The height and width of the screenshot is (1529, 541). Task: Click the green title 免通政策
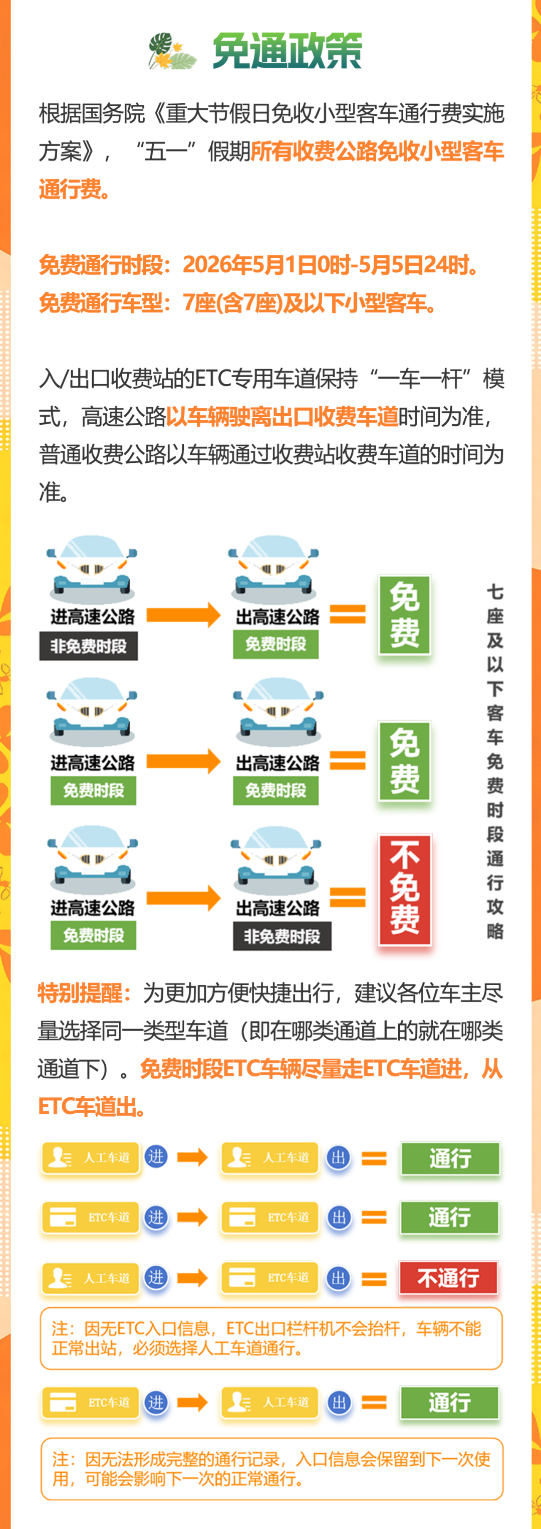(287, 51)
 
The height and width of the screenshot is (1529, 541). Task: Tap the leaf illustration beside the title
(171, 52)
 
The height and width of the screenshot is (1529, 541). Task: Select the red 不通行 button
(448, 1277)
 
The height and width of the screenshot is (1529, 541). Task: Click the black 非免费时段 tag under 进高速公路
(88, 646)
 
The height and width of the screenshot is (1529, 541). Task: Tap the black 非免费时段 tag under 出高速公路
(282, 936)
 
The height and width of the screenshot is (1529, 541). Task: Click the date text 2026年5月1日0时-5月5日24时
(330, 265)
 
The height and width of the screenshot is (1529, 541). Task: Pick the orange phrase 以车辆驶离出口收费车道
(282, 417)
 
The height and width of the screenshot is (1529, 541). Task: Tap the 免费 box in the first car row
(405, 614)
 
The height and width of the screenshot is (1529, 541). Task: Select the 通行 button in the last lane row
(450, 1403)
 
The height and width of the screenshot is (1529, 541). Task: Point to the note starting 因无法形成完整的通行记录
(271, 1468)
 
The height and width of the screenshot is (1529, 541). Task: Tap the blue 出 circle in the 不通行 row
(338, 1277)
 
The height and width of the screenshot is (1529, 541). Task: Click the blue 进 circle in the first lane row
(156, 1156)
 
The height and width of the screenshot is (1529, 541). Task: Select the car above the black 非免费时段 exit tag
(277, 861)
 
